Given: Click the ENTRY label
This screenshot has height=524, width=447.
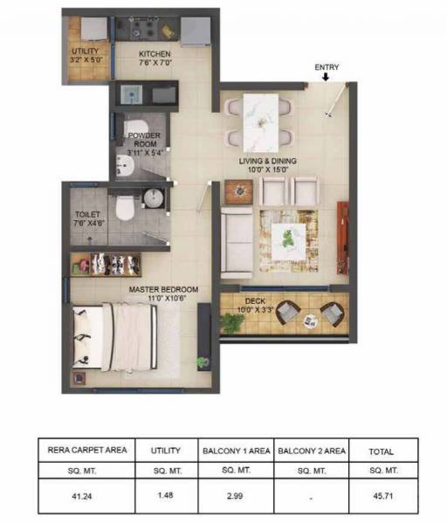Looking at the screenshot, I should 327,67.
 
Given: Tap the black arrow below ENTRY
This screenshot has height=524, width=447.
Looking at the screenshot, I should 327,78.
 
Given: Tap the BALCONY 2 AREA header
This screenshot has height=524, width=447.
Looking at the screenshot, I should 311,452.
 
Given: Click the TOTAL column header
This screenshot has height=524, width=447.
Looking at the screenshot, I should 381,452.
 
